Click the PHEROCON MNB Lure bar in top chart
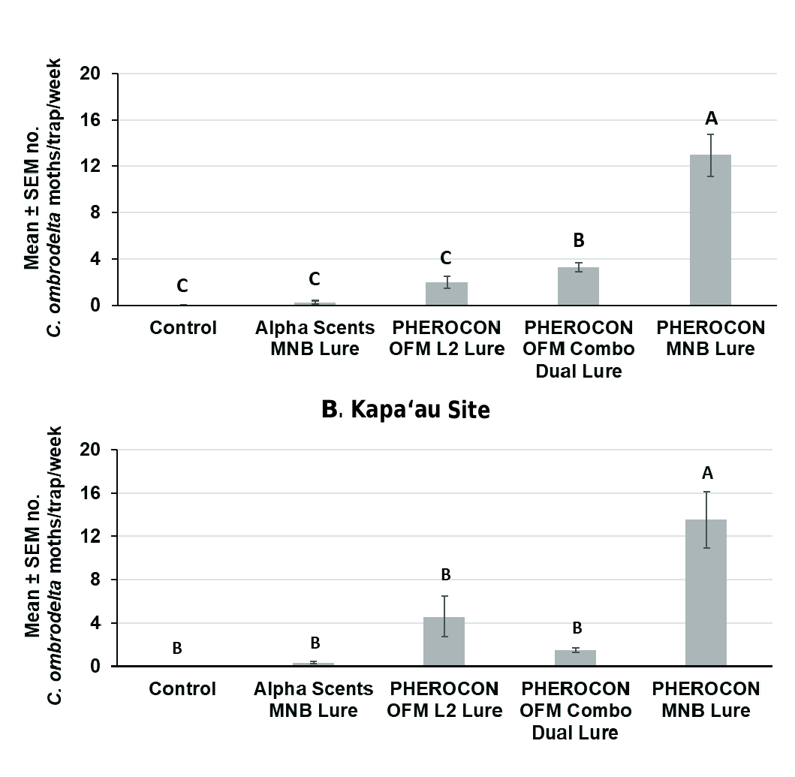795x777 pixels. [x=709, y=230]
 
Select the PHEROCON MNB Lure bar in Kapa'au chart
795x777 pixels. [x=706, y=592]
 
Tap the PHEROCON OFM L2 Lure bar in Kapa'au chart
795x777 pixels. [x=444, y=641]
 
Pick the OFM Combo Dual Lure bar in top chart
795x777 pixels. [x=578, y=286]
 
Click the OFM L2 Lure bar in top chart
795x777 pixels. [x=447, y=294]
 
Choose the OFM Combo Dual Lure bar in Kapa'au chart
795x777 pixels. [x=575, y=658]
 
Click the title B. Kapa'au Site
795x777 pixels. [x=405, y=410]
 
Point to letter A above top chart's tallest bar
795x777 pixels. [x=711, y=118]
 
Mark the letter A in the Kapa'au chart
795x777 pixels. [x=706, y=473]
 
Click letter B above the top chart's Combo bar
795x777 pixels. [x=578, y=241]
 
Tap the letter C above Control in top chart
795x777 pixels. [x=182, y=286]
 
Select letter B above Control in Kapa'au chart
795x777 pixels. [x=177, y=648]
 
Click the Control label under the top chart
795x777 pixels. [x=183, y=328]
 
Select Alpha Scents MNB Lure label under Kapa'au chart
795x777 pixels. [x=314, y=699]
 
